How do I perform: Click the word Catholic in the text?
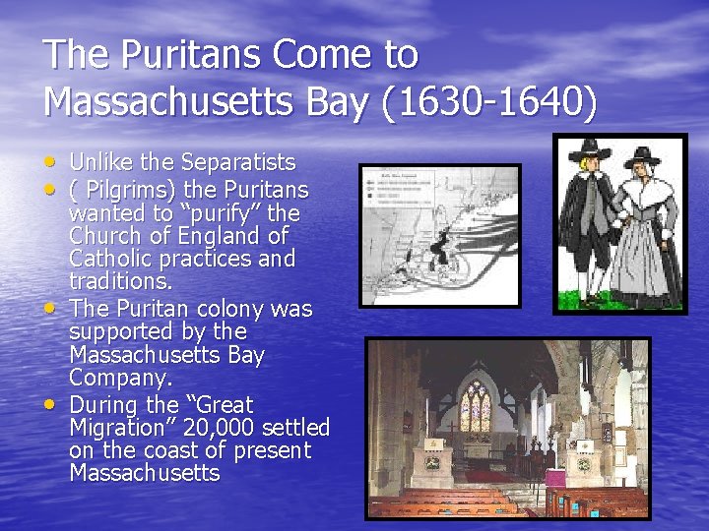(110, 260)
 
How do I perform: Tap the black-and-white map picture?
(440, 235)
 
